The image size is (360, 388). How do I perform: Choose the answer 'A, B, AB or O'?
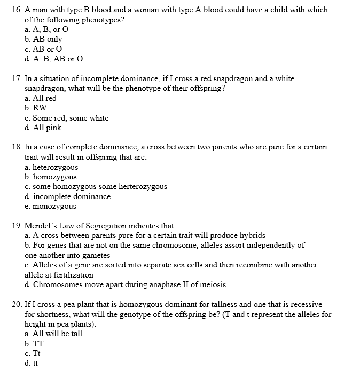tap(58, 59)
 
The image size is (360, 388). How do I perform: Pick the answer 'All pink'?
tap(47, 128)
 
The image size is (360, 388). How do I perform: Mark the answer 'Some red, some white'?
tap(70, 118)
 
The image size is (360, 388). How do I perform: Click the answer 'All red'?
tap(44, 98)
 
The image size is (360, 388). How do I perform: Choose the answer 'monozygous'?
tap(54, 206)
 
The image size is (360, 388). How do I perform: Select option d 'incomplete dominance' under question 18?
tap(72, 196)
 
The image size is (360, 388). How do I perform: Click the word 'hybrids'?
tap(252, 235)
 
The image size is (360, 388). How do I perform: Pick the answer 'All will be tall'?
tap(57, 334)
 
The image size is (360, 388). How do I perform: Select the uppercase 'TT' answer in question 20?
tap(38, 343)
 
